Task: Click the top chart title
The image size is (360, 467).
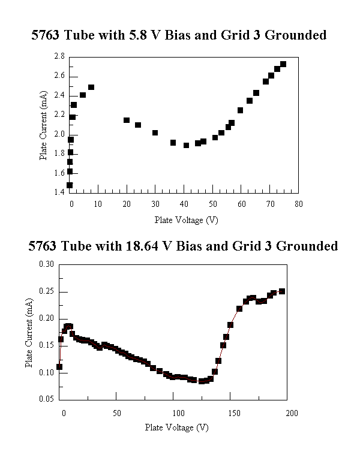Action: (179, 35)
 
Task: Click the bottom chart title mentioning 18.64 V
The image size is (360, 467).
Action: (183, 246)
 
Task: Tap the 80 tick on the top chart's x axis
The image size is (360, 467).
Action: (298, 204)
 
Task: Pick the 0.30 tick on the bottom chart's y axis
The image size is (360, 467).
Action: (47, 264)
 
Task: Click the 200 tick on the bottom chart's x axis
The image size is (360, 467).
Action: (291, 413)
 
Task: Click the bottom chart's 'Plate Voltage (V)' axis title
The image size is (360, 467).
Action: (176, 427)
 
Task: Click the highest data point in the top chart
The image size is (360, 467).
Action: (283, 64)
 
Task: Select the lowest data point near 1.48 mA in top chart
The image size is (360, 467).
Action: (70, 185)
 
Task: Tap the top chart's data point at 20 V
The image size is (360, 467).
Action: (127, 120)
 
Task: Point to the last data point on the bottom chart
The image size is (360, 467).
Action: (281, 291)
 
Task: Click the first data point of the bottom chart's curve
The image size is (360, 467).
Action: (59, 366)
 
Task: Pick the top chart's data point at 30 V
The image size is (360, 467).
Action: (155, 132)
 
